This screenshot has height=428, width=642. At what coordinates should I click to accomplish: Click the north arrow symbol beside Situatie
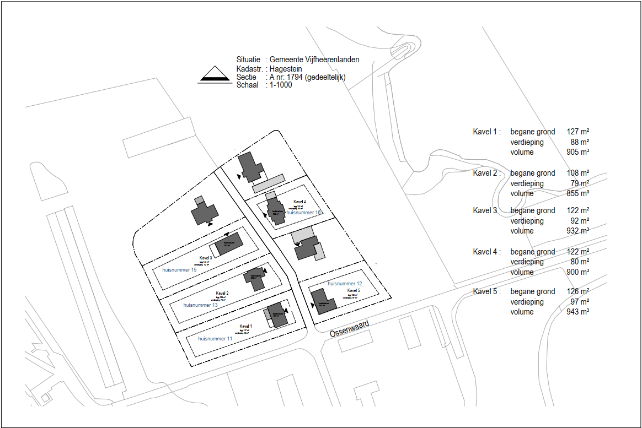tap(213, 75)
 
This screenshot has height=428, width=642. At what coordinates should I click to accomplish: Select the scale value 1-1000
tap(281, 85)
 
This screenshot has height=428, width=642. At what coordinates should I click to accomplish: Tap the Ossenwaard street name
tap(349, 328)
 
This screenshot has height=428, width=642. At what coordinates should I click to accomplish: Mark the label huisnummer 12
tap(345, 284)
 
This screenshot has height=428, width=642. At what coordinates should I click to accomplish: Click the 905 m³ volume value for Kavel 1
tap(577, 153)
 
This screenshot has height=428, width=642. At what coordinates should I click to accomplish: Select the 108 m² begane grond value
tap(577, 173)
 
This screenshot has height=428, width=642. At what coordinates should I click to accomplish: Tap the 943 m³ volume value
tap(577, 312)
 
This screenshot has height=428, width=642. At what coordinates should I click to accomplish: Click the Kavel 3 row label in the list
tap(485, 210)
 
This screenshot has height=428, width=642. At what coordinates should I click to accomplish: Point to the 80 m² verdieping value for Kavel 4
tap(580, 262)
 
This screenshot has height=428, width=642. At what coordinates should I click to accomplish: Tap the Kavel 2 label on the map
tap(222, 293)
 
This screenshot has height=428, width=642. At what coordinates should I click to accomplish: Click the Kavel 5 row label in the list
tap(485, 291)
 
